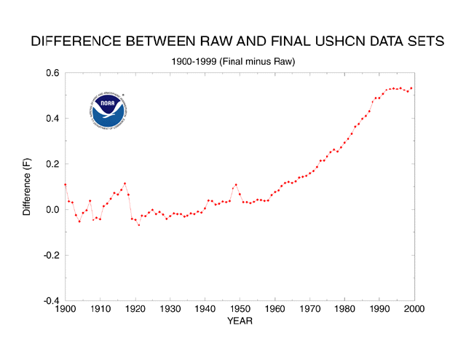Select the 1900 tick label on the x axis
pos(65,310)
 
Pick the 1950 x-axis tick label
pos(240,310)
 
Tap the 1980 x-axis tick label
pos(344,310)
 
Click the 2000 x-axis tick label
pos(414,310)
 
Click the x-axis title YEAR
pos(240,321)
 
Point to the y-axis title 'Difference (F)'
pos(27,187)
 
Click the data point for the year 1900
pos(65,184)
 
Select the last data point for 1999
pos(411,89)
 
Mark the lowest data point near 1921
pos(138,224)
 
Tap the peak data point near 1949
pos(236,185)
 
